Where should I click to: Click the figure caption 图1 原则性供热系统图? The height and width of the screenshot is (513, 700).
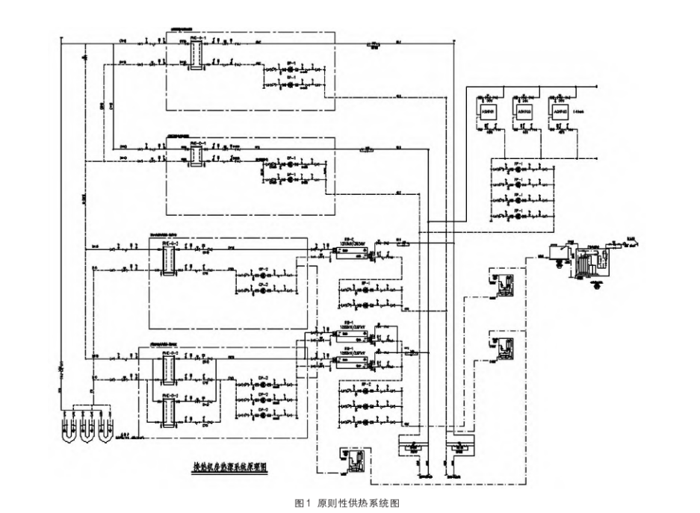pyautogui.click(x=349, y=503)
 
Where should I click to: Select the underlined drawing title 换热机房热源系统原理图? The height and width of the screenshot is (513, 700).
pyautogui.click(x=230, y=468)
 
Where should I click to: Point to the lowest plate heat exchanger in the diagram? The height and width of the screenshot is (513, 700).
pyautogui.click(x=167, y=411)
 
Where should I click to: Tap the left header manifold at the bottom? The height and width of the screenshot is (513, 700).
pyautogui.click(x=410, y=447)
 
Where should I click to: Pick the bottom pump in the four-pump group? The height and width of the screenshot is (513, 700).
pyautogui.click(x=515, y=216)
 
